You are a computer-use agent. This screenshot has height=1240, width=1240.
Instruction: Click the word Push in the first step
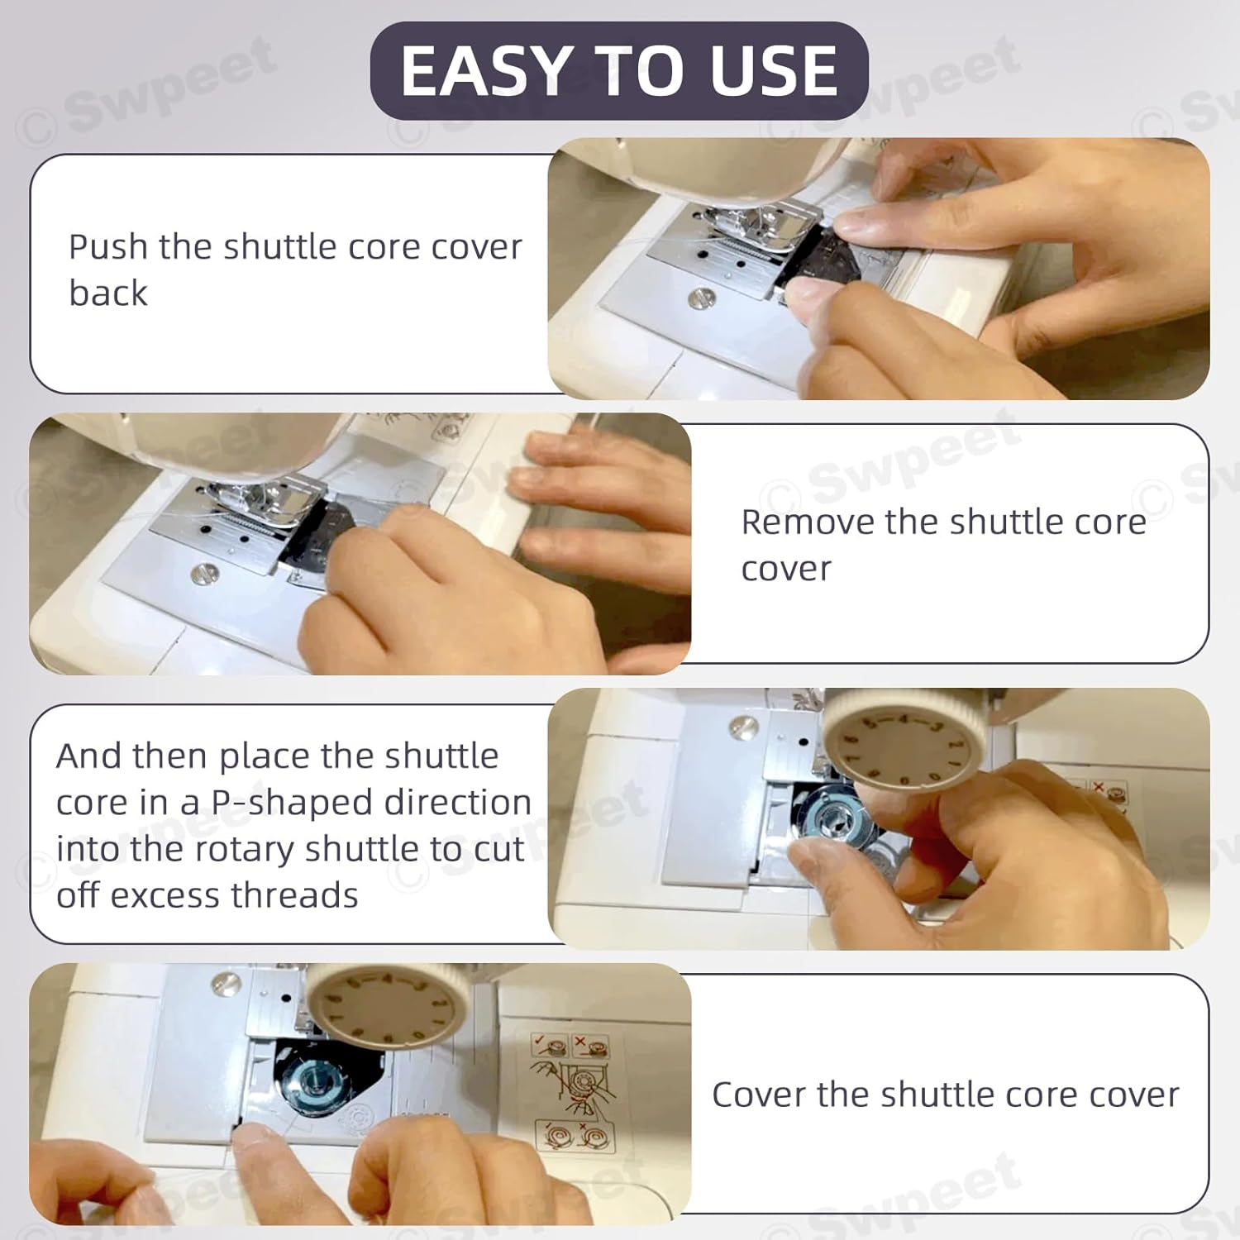tap(108, 246)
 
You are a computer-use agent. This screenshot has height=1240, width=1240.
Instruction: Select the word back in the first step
tap(108, 293)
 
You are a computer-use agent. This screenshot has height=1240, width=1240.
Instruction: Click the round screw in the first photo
tap(701, 298)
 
